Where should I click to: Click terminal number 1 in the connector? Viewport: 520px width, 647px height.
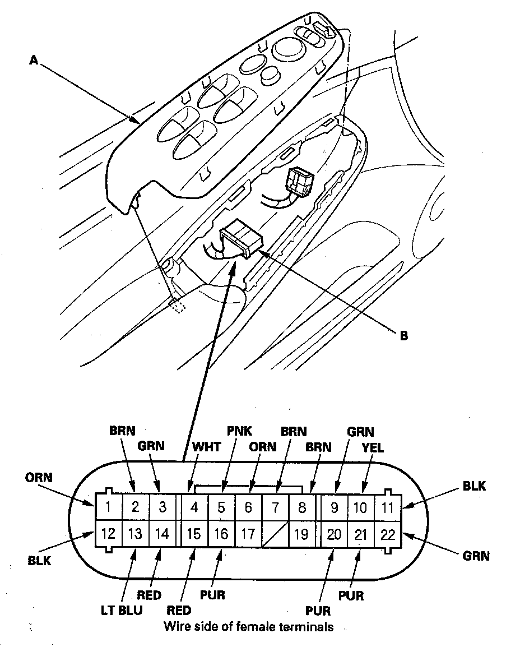pyautogui.click(x=108, y=507)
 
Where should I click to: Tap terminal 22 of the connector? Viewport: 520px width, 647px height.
pyautogui.click(x=388, y=534)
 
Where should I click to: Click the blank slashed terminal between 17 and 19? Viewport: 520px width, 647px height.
pyautogui.click(x=275, y=533)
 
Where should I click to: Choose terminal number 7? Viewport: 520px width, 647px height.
pyautogui.click(x=275, y=507)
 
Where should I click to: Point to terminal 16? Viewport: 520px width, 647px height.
pyautogui.click(x=221, y=533)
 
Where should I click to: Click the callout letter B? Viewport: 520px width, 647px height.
pyautogui.click(x=403, y=336)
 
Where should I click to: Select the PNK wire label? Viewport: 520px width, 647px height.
pyautogui.click(x=239, y=431)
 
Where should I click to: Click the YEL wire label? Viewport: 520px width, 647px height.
pyautogui.click(x=373, y=448)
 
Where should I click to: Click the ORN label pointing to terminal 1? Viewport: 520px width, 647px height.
pyautogui.click(x=39, y=478)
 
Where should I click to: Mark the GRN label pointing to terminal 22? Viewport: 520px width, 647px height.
pyautogui.click(x=476, y=556)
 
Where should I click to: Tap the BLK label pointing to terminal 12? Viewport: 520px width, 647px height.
pyautogui.click(x=39, y=560)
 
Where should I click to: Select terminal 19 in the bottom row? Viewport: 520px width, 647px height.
pyautogui.click(x=301, y=533)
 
